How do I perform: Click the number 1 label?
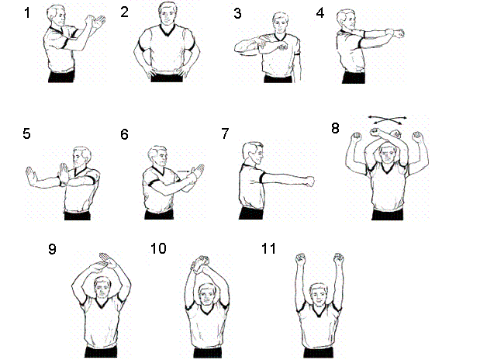(x=27, y=13)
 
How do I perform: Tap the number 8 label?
(x=335, y=128)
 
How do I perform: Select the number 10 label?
(x=158, y=248)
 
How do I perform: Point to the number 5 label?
(x=26, y=133)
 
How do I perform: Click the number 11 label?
(x=268, y=248)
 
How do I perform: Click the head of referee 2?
(x=168, y=13)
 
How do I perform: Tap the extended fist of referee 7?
(x=309, y=181)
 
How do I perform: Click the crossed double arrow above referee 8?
(x=387, y=119)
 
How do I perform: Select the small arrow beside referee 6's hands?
(x=184, y=171)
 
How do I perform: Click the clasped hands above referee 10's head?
(x=201, y=263)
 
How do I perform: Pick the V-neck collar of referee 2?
(x=168, y=30)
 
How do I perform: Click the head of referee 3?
(x=281, y=23)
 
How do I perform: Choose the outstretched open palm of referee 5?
(x=30, y=176)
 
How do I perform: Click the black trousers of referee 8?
(x=387, y=215)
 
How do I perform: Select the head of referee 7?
(x=252, y=153)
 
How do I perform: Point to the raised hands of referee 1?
(x=95, y=22)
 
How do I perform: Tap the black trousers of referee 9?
(x=101, y=352)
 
